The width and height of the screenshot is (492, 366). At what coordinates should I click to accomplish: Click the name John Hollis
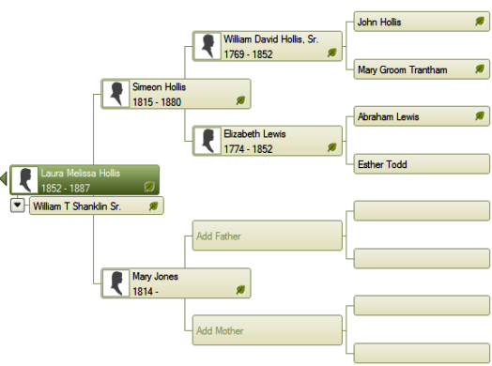tap(379, 22)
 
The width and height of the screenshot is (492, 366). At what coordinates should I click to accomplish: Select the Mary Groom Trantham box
tap(422, 69)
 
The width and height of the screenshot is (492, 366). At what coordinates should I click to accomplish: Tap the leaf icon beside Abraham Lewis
tap(480, 116)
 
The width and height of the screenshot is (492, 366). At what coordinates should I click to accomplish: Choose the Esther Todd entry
tap(422, 163)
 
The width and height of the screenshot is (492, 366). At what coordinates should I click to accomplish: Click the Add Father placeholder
tap(267, 236)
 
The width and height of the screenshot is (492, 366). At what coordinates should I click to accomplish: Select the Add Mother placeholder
tap(267, 330)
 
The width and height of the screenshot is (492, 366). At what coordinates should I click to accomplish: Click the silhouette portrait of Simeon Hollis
tap(116, 94)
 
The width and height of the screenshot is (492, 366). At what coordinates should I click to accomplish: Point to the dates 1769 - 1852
tap(248, 54)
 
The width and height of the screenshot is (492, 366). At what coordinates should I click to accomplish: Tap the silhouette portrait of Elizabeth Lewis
tap(208, 141)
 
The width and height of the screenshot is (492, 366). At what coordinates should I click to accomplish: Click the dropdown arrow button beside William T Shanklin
tap(18, 206)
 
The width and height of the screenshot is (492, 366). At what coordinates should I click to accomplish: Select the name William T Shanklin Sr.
tap(77, 206)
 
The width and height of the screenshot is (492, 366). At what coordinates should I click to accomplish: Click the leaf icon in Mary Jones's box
tap(240, 290)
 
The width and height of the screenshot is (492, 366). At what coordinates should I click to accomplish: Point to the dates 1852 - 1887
tap(66, 189)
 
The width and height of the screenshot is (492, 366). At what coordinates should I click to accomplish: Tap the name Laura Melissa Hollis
tap(81, 173)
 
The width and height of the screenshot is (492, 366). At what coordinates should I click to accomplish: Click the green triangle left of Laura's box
tap(4, 178)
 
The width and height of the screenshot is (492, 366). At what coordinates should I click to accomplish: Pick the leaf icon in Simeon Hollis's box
tap(240, 100)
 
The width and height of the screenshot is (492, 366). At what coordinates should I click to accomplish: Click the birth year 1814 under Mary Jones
tap(143, 291)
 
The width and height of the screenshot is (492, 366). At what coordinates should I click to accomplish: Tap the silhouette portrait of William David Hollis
tap(208, 46)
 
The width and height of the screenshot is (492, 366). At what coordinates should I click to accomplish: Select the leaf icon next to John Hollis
tap(480, 22)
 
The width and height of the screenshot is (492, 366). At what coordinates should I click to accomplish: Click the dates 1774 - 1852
tap(248, 149)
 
